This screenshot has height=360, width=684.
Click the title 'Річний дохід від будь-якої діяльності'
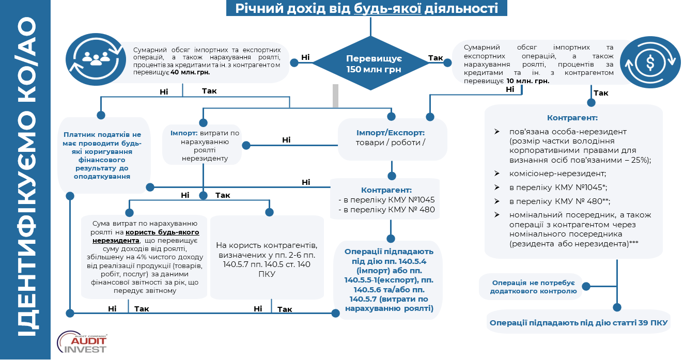pos(366,9)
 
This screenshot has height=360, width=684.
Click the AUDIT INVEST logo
pos(83,342)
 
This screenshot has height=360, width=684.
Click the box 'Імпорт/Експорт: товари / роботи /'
pos(392,138)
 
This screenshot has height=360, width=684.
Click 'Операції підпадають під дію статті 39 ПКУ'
pos(578,323)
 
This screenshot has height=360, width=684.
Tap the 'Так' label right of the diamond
pos(436,58)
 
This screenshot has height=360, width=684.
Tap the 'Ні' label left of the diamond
pos(305,57)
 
